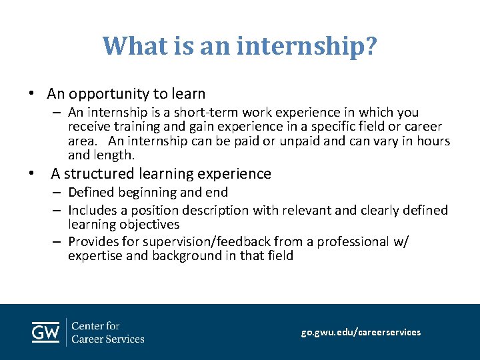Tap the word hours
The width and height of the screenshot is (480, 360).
click(x=432, y=141)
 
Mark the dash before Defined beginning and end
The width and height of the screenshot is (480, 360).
click(x=59, y=193)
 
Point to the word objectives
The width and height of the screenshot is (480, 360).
click(x=147, y=225)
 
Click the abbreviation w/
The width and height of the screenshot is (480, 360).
click(x=401, y=241)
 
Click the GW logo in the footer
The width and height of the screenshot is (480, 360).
click(x=45, y=331)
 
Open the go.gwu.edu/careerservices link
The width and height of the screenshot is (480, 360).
click(x=361, y=332)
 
